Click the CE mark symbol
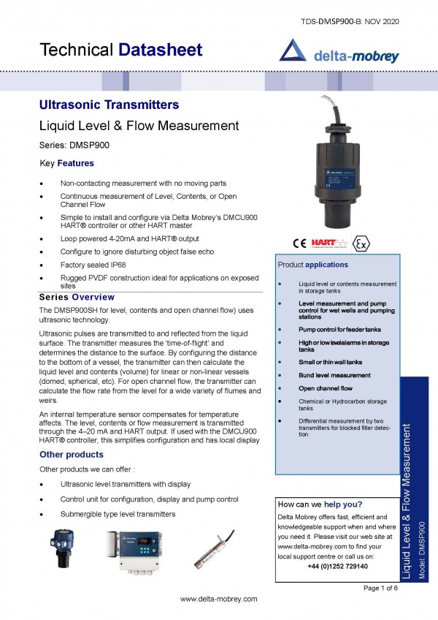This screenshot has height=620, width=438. (x=299, y=243)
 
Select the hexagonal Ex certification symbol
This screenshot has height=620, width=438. (x=360, y=243)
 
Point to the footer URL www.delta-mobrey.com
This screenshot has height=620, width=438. (x=219, y=599)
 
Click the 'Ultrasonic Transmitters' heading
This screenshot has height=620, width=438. (x=108, y=105)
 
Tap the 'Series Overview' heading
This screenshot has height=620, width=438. (x=76, y=297)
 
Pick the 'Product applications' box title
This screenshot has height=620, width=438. (x=313, y=264)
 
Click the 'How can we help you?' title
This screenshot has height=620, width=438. (x=320, y=504)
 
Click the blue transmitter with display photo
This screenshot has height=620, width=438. (x=63, y=548)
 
